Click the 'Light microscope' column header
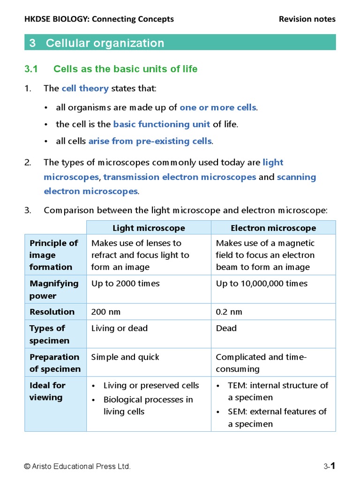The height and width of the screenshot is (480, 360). [x=149, y=228]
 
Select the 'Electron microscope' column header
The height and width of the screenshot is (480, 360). [x=273, y=228]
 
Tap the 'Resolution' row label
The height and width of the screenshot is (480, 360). [x=52, y=312]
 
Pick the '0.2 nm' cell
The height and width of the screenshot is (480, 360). [x=229, y=312]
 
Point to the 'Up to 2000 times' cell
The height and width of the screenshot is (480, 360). [x=125, y=284]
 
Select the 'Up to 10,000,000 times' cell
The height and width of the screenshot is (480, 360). [x=262, y=284]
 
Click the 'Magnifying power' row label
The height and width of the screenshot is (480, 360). [x=54, y=290]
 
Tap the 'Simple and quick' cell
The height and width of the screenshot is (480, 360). [x=125, y=357]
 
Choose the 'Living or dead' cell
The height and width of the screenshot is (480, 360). [x=119, y=328]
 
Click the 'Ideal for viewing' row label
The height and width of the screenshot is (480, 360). [x=47, y=391]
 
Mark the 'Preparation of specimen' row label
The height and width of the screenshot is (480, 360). [x=55, y=363]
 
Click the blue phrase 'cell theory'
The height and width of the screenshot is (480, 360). [x=85, y=88]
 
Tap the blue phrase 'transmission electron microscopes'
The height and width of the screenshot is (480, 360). [x=180, y=177]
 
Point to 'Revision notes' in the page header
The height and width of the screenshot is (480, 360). [x=307, y=19]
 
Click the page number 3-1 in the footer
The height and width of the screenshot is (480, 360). [x=330, y=466]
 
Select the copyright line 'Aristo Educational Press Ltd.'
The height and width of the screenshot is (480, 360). [x=77, y=466]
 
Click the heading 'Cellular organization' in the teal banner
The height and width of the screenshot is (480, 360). [x=105, y=43]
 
